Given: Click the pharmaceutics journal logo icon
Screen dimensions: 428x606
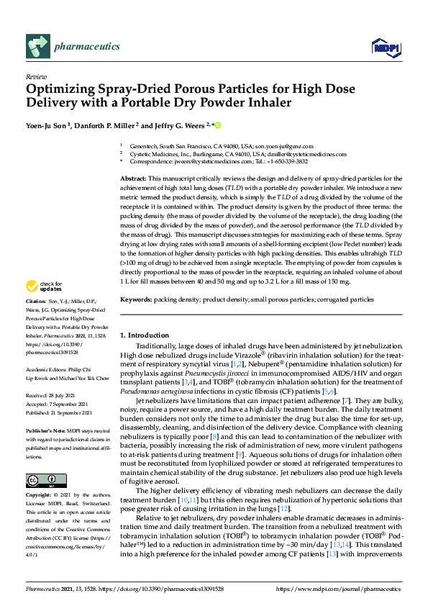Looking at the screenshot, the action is (37, 47).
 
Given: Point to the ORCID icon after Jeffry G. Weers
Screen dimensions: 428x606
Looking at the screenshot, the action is (218, 125).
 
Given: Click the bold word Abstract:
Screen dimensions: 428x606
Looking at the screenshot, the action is (133, 178).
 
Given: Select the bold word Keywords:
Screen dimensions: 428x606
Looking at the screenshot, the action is (136, 299).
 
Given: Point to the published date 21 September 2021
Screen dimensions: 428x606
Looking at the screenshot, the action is (72, 412).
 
